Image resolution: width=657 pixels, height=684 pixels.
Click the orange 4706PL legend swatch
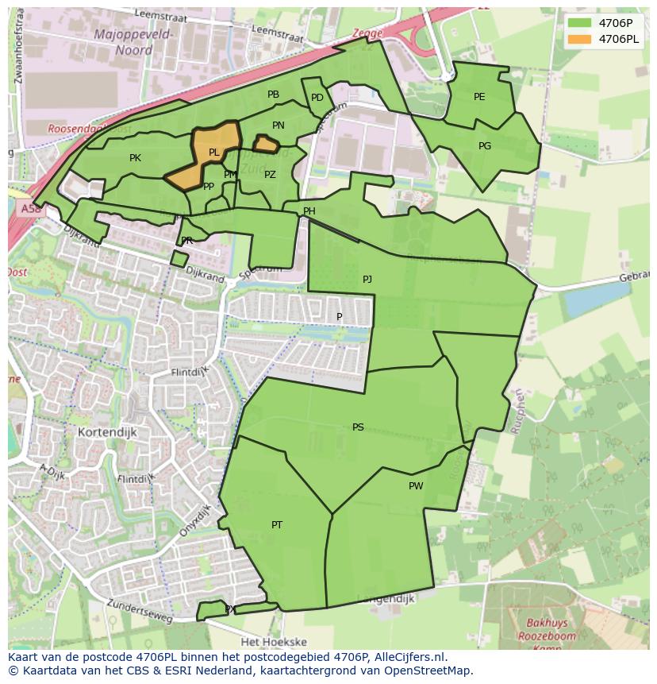pos(580,39)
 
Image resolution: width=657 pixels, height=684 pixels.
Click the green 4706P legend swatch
pos(580,22)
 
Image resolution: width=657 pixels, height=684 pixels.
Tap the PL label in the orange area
pos(213,153)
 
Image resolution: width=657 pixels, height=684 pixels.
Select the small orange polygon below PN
pos(266,145)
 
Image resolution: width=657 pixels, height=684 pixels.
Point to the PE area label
pos(479,97)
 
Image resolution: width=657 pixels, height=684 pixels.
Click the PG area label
pos(485,146)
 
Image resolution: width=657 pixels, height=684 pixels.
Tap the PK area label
pos(135,158)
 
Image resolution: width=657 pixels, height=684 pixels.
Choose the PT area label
pos(277,524)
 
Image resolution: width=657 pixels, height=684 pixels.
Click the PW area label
pos(416,486)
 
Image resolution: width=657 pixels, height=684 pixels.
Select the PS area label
pos(358,427)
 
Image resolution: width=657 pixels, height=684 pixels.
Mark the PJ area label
pos(367,280)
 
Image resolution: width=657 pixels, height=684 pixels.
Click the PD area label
pos(317,98)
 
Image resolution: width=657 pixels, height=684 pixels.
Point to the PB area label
pos(273,95)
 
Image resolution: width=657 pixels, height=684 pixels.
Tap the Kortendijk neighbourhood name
pos(108,432)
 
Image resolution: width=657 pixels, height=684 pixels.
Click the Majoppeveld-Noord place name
pos(122,41)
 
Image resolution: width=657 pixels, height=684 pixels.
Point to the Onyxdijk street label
pos(195,520)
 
